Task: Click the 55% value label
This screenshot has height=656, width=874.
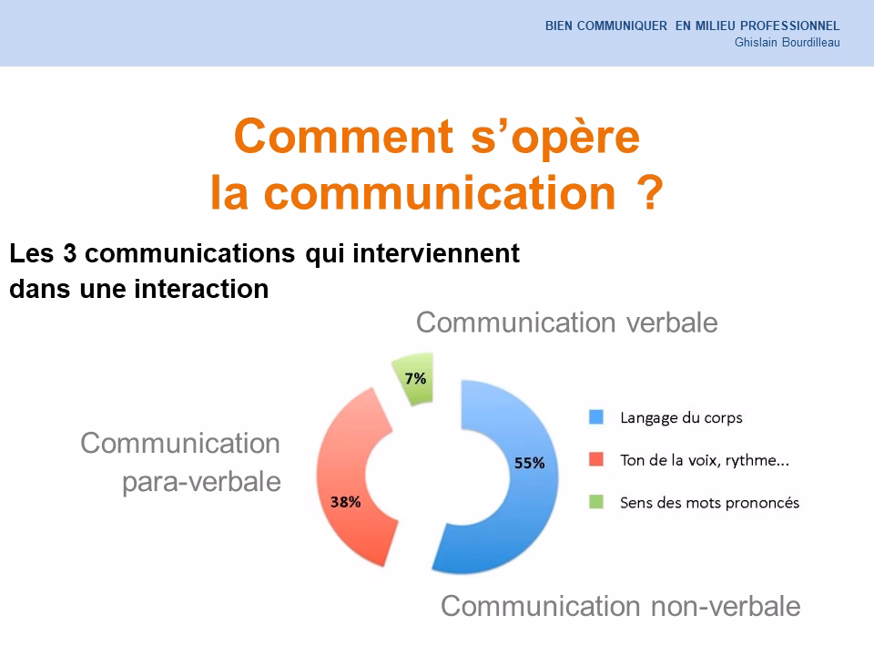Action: [530, 463]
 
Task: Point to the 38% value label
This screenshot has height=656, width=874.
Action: [345, 501]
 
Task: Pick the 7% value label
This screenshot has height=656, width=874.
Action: [415, 378]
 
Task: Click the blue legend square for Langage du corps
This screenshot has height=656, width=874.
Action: [596, 417]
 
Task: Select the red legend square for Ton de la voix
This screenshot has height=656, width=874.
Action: [596, 459]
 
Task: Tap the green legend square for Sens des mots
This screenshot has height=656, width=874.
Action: [596, 501]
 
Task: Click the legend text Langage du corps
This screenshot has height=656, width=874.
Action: [681, 418]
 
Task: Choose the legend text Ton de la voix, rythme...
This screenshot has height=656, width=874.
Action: [704, 460]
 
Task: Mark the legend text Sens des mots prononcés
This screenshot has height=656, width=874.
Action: [709, 502]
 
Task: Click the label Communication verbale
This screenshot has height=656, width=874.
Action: [566, 323]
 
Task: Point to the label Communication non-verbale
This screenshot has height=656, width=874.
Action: [621, 606]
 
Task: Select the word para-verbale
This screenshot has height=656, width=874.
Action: [201, 482]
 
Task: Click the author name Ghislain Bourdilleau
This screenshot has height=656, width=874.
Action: [787, 42]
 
